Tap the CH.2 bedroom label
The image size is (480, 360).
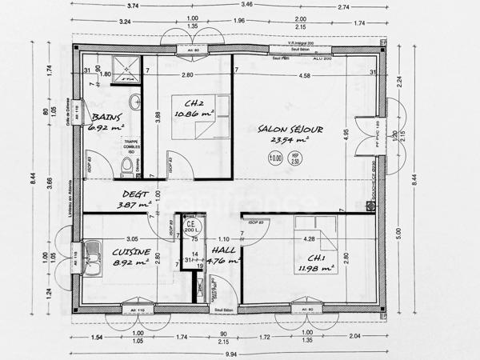coord(192,103)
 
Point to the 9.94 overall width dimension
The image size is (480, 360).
coord(232,353)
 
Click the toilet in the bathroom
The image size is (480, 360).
coord(126,166)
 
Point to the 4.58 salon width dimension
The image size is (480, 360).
coord(305,75)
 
